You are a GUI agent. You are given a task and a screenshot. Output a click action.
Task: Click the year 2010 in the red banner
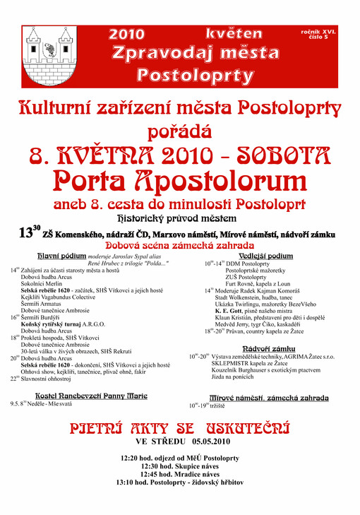point(127,34)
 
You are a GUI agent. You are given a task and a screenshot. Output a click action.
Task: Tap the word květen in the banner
point(234,33)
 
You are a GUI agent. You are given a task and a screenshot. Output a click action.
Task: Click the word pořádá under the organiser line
point(180,131)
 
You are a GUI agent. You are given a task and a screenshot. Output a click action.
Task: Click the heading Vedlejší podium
point(267,255)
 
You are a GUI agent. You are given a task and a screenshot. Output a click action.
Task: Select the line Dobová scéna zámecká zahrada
point(179,244)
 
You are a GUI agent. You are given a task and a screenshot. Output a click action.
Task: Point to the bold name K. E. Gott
point(230,310)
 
